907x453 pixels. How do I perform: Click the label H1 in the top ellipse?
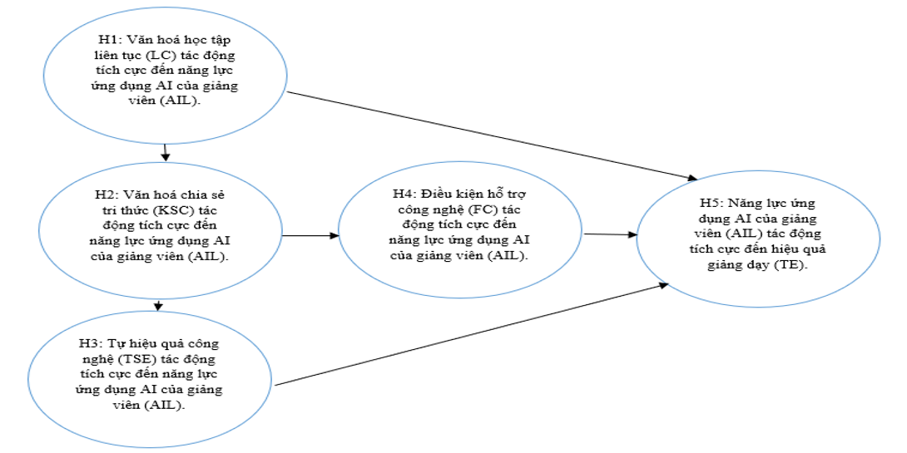tap(107, 41)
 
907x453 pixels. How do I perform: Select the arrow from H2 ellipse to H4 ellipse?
tap(310, 235)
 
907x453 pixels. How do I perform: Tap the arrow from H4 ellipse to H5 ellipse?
tap(611, 234)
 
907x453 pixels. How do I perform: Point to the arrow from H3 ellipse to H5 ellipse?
tap(472, 334)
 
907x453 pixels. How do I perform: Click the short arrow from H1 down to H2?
tap(166, 152)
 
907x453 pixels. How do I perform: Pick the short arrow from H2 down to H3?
tap(158, 304)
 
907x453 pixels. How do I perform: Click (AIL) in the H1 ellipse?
tap(187, 102)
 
